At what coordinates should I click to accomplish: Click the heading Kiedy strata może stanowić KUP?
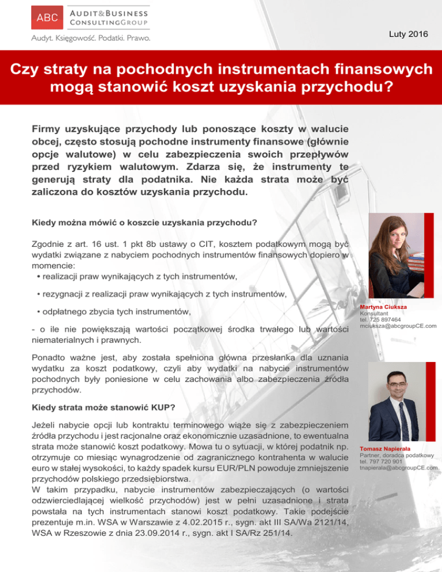tap(104, 407)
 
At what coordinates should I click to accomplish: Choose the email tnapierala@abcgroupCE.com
tap(398, 467)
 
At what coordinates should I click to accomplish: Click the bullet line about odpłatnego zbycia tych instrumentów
tap(113, 311)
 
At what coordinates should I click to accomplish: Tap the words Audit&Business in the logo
tap(108, 12)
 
